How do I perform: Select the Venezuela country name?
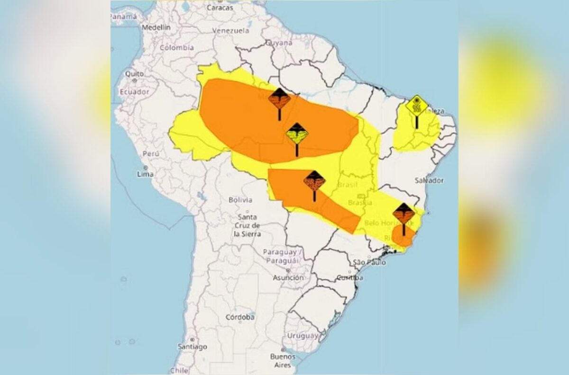coord(230,30)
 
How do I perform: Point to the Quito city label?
coord(134,74)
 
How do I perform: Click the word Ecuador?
coord(134,91)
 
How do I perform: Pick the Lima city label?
coord(145,174)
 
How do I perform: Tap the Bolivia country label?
coord(240,200)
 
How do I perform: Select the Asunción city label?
coord(288,277)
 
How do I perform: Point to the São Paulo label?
coord(369,262)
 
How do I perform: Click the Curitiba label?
coord(349,277)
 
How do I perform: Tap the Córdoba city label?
coord(240,317)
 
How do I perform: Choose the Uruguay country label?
coord(302,335)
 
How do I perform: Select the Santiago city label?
coord(192,347)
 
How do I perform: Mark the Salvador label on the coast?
coord(429,180)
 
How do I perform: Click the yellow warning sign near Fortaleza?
coord(417,106)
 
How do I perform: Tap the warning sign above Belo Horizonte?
coord(404,214)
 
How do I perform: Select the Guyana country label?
coord(279,43)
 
